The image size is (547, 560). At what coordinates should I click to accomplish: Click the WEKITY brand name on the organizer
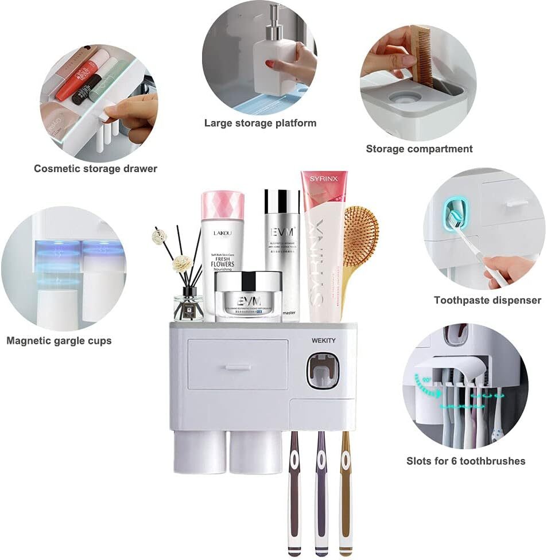click(x=323, y=340)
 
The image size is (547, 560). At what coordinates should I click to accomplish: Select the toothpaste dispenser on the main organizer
click(x=323, y=370)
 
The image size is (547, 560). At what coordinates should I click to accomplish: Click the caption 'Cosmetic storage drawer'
click(x=95, y=169)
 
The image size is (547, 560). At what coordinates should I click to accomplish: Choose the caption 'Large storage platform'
click(x=260, y=123)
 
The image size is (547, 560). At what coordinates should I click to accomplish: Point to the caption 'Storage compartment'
click(x=419, y=149)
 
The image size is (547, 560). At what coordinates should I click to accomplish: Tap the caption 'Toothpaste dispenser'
click(x=487, y=300)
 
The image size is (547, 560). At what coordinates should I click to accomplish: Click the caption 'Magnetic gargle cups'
click(x=59, y=341)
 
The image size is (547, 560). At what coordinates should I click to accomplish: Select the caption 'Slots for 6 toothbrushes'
click(x=465, y=461)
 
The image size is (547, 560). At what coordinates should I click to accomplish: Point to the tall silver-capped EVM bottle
click(x=282, y=252)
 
